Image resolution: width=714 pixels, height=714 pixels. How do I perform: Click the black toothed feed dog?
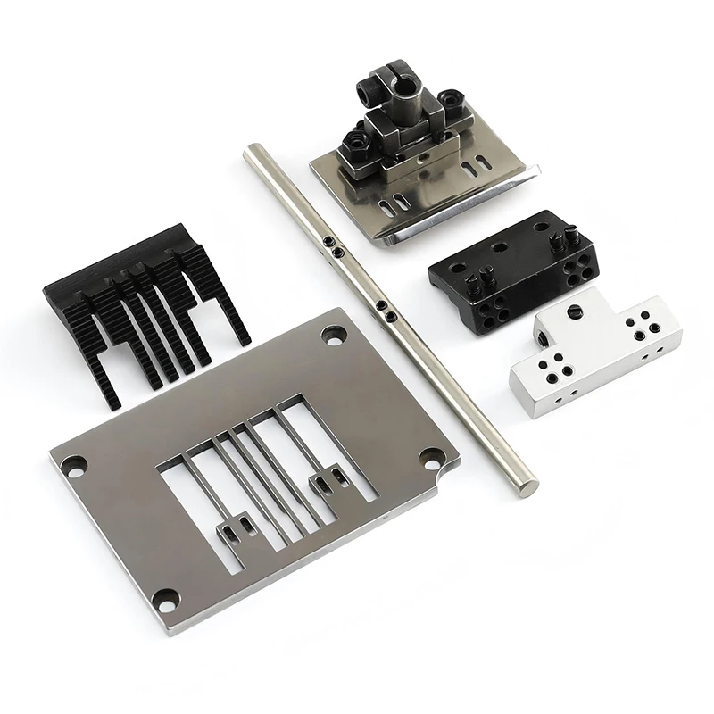coord(143,312)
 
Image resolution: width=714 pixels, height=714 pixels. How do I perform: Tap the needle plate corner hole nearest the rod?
coord(335,337)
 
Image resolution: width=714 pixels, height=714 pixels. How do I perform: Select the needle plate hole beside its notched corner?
coord(431,455)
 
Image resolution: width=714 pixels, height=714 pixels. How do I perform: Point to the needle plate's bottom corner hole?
coord(166,598)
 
